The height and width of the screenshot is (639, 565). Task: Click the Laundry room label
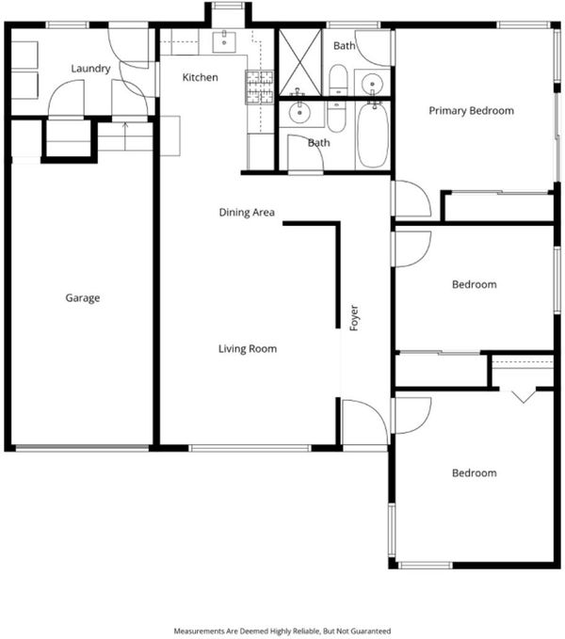(90, 69)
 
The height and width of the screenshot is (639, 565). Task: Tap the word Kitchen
(200, 77)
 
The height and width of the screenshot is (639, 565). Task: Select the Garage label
(82, 298)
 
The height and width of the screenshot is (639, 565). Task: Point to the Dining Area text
(247, 213)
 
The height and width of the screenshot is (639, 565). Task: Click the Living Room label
(248, 348)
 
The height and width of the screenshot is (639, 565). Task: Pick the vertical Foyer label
(354, 318)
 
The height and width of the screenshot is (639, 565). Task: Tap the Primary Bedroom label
(471, 111)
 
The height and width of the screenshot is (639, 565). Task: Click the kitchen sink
(224, 42)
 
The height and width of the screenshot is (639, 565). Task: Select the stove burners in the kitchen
(259, 87)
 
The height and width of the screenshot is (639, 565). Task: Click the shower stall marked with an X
(300, 62)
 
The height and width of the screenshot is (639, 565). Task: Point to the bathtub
(372, 135)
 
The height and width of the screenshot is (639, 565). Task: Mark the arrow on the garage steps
(125, 136)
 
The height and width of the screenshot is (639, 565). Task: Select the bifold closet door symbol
(524, 396)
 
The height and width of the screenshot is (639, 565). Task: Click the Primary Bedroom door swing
(412, 199)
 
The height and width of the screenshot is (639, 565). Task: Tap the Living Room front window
(250, 448)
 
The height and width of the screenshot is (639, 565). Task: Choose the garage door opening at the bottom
(82, 448)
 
